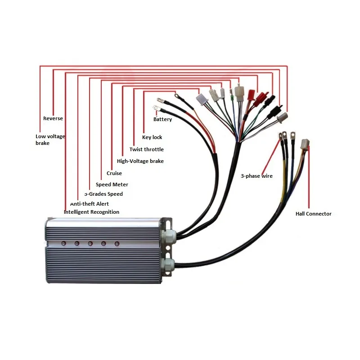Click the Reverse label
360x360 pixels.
[x=53, y=118]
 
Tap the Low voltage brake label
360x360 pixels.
[x=50, y=139]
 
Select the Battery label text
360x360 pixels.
[x=162, y=119]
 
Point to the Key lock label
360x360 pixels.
[x=152, y=137]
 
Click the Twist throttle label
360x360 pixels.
[x=146, y=149]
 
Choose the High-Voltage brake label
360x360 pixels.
[x=140, y=161]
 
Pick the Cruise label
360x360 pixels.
[x=114, y=173]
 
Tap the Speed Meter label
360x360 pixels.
[x=112, y=184]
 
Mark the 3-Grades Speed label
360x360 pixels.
[x=103, y=194]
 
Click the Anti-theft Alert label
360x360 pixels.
[x=89, y=204]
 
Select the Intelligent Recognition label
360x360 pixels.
[x=91, y=212]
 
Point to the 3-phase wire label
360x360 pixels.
[x=256, y=176]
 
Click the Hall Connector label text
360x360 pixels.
[x=313, y=214]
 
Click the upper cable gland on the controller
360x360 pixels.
[x=168, y=236]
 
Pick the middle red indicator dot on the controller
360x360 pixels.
[x=90, y=243]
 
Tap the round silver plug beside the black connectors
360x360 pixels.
[x=282, y=117]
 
